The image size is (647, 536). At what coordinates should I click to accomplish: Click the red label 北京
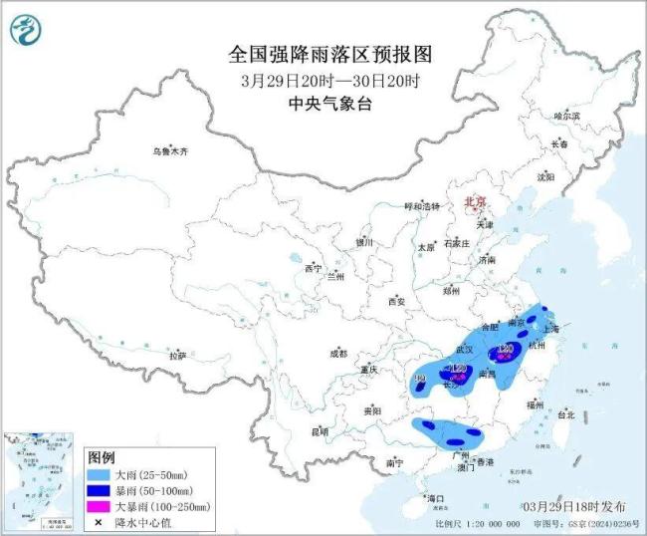point(474,201)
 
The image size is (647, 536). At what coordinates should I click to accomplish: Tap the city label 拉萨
point(177,356)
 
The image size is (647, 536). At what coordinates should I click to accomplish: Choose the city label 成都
point(337,353)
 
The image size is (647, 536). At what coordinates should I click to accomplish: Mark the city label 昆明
point(319,431)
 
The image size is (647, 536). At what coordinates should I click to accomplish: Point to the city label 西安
point(397,300)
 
